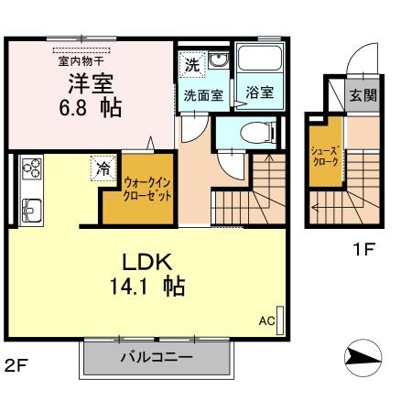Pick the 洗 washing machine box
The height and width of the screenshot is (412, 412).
point(191,65)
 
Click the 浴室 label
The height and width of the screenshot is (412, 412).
point(259,93)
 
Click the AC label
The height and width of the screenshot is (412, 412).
point(266,321)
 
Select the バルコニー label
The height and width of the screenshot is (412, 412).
point(155,357)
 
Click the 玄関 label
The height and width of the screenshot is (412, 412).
point(362,95)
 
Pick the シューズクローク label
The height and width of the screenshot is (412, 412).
point(324,156)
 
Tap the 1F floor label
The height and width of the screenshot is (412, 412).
point(363,247)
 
